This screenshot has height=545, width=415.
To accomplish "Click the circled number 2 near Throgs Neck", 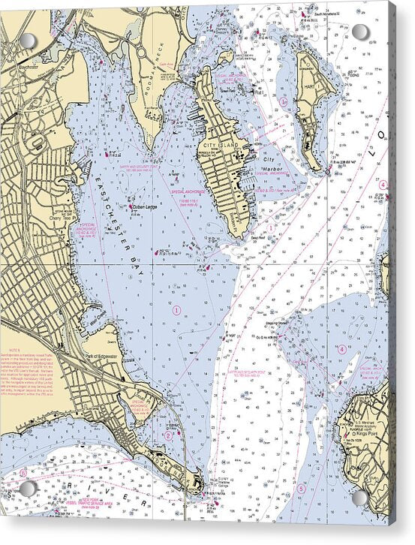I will pos(168,435).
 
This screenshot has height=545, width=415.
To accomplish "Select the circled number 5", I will pos(301,489).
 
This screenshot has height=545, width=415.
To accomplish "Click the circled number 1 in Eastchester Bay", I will pos(177,309).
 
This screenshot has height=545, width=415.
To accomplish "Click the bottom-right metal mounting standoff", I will pos(359,496).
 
